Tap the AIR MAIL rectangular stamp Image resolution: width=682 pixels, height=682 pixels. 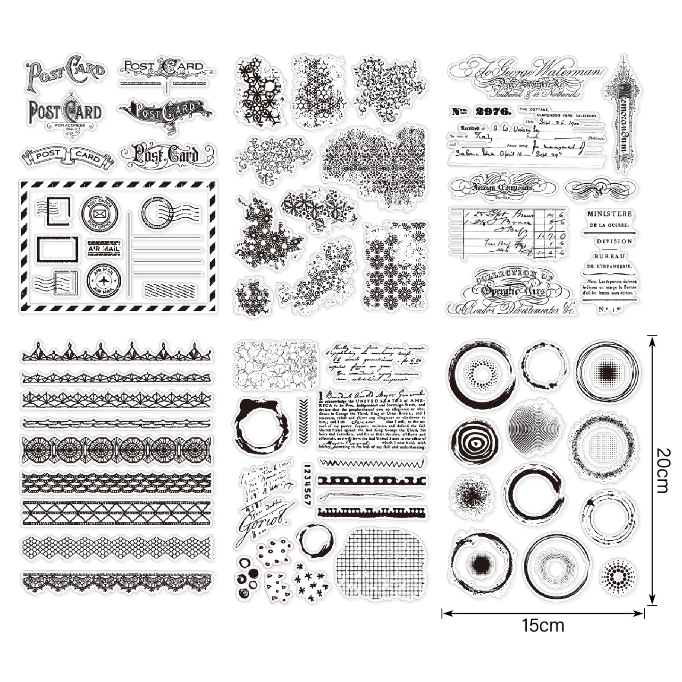[x=103, y=248]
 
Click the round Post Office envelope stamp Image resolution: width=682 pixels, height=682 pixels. [x=100, y=214]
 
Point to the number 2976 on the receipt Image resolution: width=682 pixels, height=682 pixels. [x=494, y=111]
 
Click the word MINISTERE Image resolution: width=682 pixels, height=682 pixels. [x=609, y=214]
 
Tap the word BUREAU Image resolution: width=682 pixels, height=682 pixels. [x=609, y=256]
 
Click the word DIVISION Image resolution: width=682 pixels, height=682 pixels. [x=614, y=241]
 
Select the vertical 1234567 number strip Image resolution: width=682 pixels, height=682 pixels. [x=307, y=485]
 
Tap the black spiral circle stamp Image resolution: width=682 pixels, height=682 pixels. [x=474, y=441]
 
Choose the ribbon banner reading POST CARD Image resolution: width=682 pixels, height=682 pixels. [x=67, y=156]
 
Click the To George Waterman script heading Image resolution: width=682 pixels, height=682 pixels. [x=526, y=72]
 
